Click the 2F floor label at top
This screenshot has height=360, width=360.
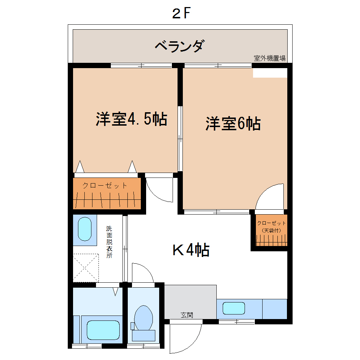[x=181, y=14]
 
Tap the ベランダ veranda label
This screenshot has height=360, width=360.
[x=180, y=46]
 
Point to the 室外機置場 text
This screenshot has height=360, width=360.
[x=270, y=58]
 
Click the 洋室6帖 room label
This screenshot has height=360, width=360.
[x=233, y=124]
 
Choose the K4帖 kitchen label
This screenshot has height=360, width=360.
[x=191, y=250]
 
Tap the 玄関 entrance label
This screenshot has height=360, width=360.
[x=187, y=315]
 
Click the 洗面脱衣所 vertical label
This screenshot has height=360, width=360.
[x=109, y=242]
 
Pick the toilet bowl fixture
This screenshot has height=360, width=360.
[x=143, y=318]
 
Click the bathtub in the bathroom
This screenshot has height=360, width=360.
[x=103, y=330]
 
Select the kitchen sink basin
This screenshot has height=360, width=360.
[x=233, y=308]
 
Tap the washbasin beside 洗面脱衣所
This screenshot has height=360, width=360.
[x=85, y=229]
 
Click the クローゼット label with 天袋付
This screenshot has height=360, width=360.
[x=271, y=226]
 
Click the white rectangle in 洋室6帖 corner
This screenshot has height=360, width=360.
[x=270, y=73]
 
